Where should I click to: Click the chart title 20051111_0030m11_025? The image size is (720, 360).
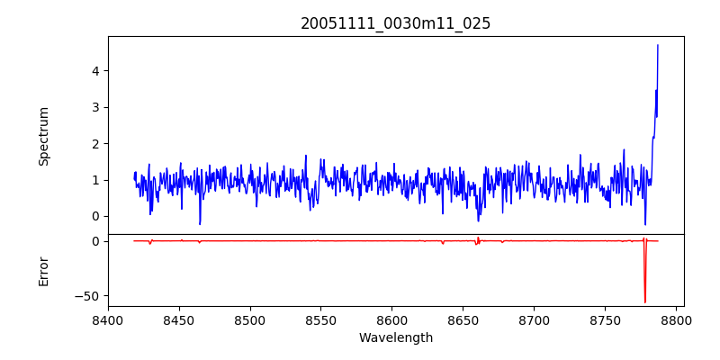[396, 23]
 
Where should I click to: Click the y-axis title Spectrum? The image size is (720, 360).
[43, 136]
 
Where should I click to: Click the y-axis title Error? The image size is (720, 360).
[43, 270]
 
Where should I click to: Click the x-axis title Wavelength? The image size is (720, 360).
[396, 338]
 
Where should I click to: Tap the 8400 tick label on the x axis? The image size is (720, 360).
[108, 320]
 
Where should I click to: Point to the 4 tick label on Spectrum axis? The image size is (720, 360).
[94, 71]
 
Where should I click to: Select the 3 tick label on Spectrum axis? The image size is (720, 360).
[94, 107]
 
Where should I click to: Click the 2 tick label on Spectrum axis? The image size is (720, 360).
[94, 144]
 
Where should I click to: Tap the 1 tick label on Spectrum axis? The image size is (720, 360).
[94, 180]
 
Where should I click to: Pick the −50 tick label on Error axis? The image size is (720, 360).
[88, 295]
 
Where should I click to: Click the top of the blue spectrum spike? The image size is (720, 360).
[658, 45]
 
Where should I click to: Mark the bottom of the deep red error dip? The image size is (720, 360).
[645, 302]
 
